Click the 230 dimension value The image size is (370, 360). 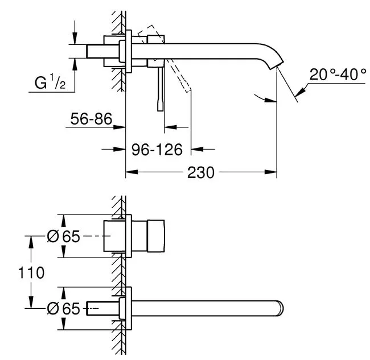point(201,172)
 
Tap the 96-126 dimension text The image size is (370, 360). point(157,150)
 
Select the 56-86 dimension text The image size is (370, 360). point(91,119)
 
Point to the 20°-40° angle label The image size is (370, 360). point(338,75)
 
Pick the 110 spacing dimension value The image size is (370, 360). point(31,273)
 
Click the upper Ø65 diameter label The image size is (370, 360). point(64,236)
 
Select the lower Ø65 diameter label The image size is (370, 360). point(64,308)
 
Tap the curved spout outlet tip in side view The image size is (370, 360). point(276,65)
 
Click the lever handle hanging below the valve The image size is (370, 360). point(161,88)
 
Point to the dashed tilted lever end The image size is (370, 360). point(188,90)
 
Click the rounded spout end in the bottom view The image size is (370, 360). point(280,308)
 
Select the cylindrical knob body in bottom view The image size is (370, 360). point(156,236)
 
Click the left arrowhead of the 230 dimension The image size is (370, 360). point(131,172)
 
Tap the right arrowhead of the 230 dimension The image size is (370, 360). point(270,172)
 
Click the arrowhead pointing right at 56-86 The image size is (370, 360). point(119,127)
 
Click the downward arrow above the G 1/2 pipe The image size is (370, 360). point(75,38)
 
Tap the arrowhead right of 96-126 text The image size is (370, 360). point(197,149)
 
